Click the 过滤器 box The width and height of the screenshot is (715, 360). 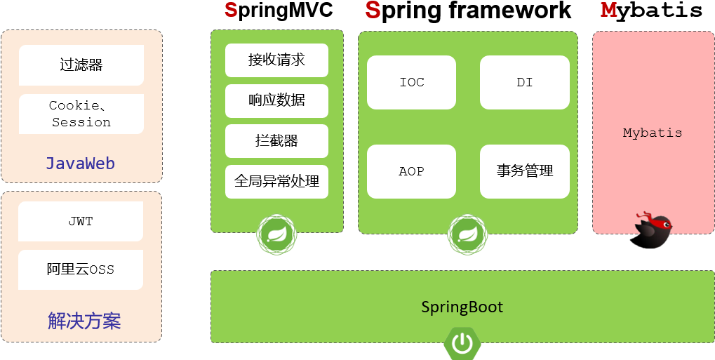(x=81, y=65)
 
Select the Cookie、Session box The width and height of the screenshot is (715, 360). (x=81, y=114)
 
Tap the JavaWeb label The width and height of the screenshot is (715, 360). (x=81, y=164)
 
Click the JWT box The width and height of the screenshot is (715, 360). (x=81, y=221)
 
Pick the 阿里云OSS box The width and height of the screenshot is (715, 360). (x=81, y=269)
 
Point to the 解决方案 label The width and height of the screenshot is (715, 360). (x=84, y=321)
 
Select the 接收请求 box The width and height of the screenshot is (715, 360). (x=276, y=60)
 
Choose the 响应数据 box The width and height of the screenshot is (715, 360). (x=276, y=100)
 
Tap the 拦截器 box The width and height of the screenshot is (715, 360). (x=276, y=141)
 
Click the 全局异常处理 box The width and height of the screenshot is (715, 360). (x=276, y=182)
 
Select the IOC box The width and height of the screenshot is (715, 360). (x=411, y=83)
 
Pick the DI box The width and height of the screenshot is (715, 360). (x=524, y=83)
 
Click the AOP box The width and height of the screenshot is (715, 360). (x=411, y=171)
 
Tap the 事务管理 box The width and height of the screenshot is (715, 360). (x=524, y=171)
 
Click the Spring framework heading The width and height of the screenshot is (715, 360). (x=468, y=11)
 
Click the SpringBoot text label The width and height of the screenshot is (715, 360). (x=462, y=307)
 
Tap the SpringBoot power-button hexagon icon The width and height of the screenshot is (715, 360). (x=462, y=342)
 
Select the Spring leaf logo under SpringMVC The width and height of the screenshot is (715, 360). (x=276, y=234)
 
